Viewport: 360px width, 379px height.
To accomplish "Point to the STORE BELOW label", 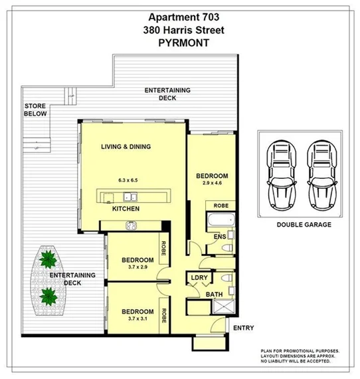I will point(35,110).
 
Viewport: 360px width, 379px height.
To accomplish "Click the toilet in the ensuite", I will point(226,247).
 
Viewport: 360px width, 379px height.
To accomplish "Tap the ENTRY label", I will point(242,328).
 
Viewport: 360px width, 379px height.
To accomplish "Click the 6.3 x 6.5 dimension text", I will point(128,180).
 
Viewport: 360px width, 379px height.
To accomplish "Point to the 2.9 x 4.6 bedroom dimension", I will point(213,184).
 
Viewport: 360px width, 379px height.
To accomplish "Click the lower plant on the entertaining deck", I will point(47,294).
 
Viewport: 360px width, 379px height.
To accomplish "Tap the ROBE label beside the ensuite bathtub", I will point(221,206).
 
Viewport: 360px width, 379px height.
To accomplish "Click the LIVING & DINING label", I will point(126,146).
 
